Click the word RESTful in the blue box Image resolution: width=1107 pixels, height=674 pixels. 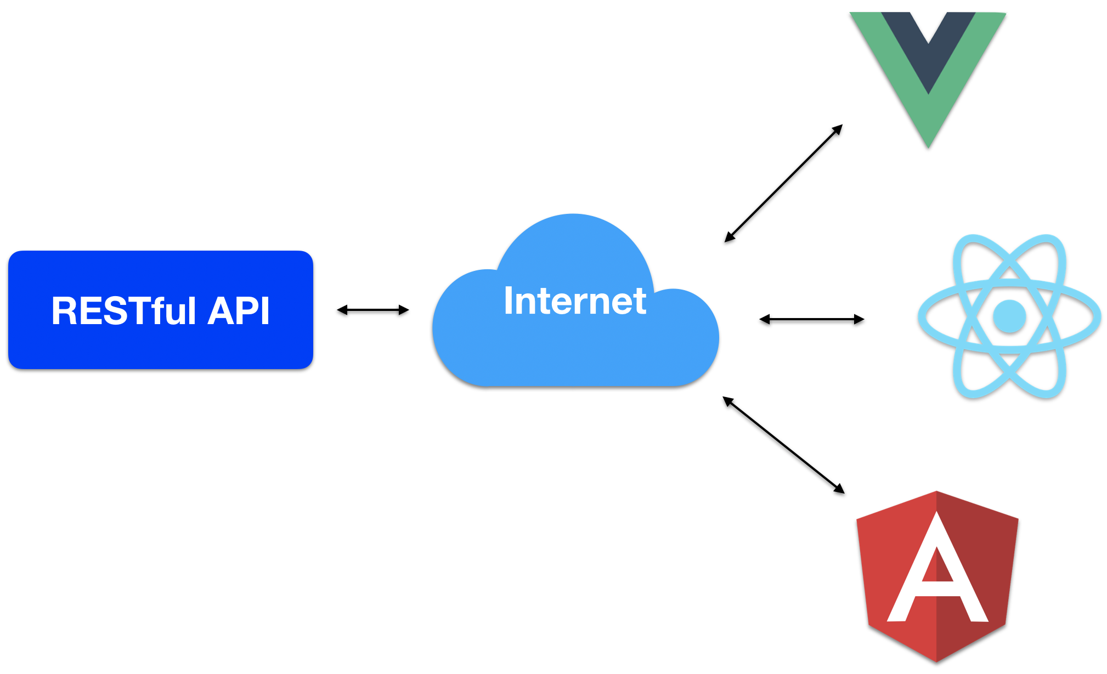(123, 311)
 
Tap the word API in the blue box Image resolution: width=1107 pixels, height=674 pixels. (239, 311)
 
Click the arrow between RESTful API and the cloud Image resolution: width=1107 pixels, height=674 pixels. (372, 310)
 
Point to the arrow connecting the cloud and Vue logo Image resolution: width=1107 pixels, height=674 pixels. (783, 183)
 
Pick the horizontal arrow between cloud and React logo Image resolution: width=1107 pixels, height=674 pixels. (811, 319)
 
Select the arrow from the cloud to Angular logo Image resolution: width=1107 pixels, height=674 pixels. (783, 445)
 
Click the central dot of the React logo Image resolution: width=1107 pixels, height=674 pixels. (1009, 316)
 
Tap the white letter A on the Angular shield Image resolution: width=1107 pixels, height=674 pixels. (937, 570)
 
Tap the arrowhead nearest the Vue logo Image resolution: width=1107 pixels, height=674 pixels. (837, 129)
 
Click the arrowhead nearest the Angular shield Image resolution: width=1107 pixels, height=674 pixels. (839, 489)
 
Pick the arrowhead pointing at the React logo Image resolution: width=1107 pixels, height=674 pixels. (859, 319)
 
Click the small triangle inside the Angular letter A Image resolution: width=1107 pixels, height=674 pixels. (937, 568)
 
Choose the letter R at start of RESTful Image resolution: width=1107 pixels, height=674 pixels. (64, 311)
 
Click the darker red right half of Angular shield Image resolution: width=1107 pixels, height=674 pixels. (982, 548)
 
